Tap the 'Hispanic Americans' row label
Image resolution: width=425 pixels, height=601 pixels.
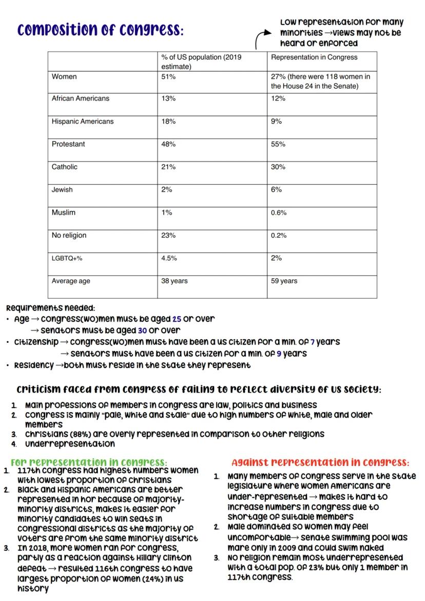click(x=82, y=122)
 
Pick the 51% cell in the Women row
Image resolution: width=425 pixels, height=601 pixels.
click(x=168, y=76)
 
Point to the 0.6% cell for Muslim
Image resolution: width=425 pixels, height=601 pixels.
click(x=279, y=212)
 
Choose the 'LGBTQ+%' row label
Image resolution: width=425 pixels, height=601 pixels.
click(x=67, y=258)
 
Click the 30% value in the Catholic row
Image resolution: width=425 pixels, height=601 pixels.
click(x=278, y=167)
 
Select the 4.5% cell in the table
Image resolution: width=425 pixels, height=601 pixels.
click(x=169, y=258)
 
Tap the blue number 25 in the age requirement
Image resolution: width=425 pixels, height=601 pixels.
click(x=177, y=319)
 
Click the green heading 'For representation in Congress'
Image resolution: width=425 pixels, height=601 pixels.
click(x=89, y=462)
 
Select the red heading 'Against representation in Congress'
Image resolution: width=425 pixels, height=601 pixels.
click(x=320, y=462)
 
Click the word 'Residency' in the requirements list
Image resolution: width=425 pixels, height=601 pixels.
click(x=33, y=365)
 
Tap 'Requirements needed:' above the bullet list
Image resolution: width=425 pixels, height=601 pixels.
click(x=50, y=308)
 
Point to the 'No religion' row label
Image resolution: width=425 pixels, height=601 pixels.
click(x=69, y=236)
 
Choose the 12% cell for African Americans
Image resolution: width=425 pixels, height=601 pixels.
click(x=278, y=99)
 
